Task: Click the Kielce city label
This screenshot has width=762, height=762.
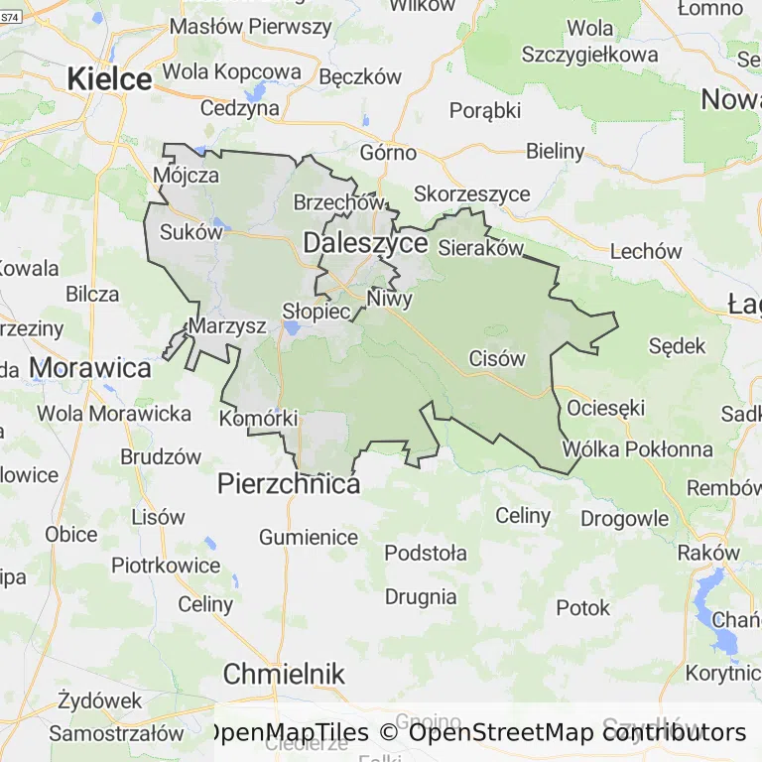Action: [x=109, y=79]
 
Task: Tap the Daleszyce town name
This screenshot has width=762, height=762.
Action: [x=365, y=243]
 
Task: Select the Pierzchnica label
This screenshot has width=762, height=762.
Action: [x=288, y=484]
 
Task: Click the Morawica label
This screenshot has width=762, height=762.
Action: [x=90, y=368]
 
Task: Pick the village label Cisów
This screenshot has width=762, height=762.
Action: [x=496, y=358]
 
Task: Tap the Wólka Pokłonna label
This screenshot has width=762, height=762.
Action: [x=637, y=449]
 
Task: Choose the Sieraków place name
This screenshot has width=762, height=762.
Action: [x=480, y=248]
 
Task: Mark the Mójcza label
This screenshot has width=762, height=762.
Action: [x=186, y=176]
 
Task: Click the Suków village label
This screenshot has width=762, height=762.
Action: [x=190, y=233]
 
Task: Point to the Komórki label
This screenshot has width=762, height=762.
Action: [x=258, y=418]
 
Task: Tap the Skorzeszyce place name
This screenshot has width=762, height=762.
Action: [x=471, y=193]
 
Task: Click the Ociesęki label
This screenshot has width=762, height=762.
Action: [x=605, y=408]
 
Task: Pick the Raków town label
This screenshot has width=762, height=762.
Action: [x=708, y=553]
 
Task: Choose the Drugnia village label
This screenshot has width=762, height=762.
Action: [x=421, y=596]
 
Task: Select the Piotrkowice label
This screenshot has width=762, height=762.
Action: [x=166, y=565]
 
